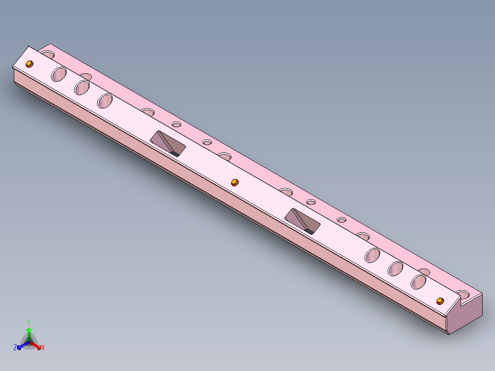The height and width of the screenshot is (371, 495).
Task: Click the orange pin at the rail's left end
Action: pos(29,63)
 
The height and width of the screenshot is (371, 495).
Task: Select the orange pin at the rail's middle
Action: pos(235,182)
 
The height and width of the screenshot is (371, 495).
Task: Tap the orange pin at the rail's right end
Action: pos(440,301)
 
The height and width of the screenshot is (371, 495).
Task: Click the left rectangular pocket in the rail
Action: pos(168,143)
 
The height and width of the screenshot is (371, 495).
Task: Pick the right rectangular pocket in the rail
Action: pos(303,220)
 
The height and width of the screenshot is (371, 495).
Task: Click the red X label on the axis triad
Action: pos(43,348)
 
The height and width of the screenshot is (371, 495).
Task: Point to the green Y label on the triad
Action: pos(28,322)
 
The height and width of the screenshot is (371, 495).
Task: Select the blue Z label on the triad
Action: pos(15,348)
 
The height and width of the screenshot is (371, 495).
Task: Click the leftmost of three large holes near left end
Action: pos(59,74)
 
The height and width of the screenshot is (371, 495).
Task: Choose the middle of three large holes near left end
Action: pos(82,87)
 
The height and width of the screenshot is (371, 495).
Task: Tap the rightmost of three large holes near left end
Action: pos(105,100)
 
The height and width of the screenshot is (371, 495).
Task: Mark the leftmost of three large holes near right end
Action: pos(373,255)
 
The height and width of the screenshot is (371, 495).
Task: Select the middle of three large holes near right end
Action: pos(396,268)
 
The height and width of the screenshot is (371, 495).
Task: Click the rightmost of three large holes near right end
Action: pos(419,281)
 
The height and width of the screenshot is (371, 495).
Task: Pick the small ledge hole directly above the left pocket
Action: pos(177,124)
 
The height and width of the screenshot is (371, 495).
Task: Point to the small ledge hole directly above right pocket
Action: pos(311,202)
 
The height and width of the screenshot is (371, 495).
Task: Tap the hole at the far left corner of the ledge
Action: pos(47,54)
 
